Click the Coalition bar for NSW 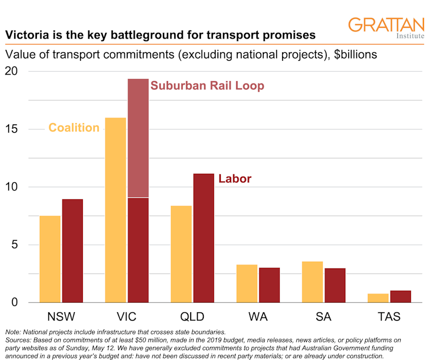pos(50,259)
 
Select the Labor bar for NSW pos(72,251)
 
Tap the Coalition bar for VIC pos(116,210)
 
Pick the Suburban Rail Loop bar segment pos(138,138)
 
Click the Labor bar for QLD pos(203,238)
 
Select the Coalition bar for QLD pos(181,254)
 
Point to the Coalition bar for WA pos(247,283)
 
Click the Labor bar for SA pos(335,285)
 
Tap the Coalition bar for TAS pos(379,298)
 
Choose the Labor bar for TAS pos(401,296)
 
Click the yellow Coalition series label pos(74,128)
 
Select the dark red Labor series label pos(234,179)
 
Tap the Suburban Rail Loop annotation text pos(207,86)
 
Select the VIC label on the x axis pos(127,316)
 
